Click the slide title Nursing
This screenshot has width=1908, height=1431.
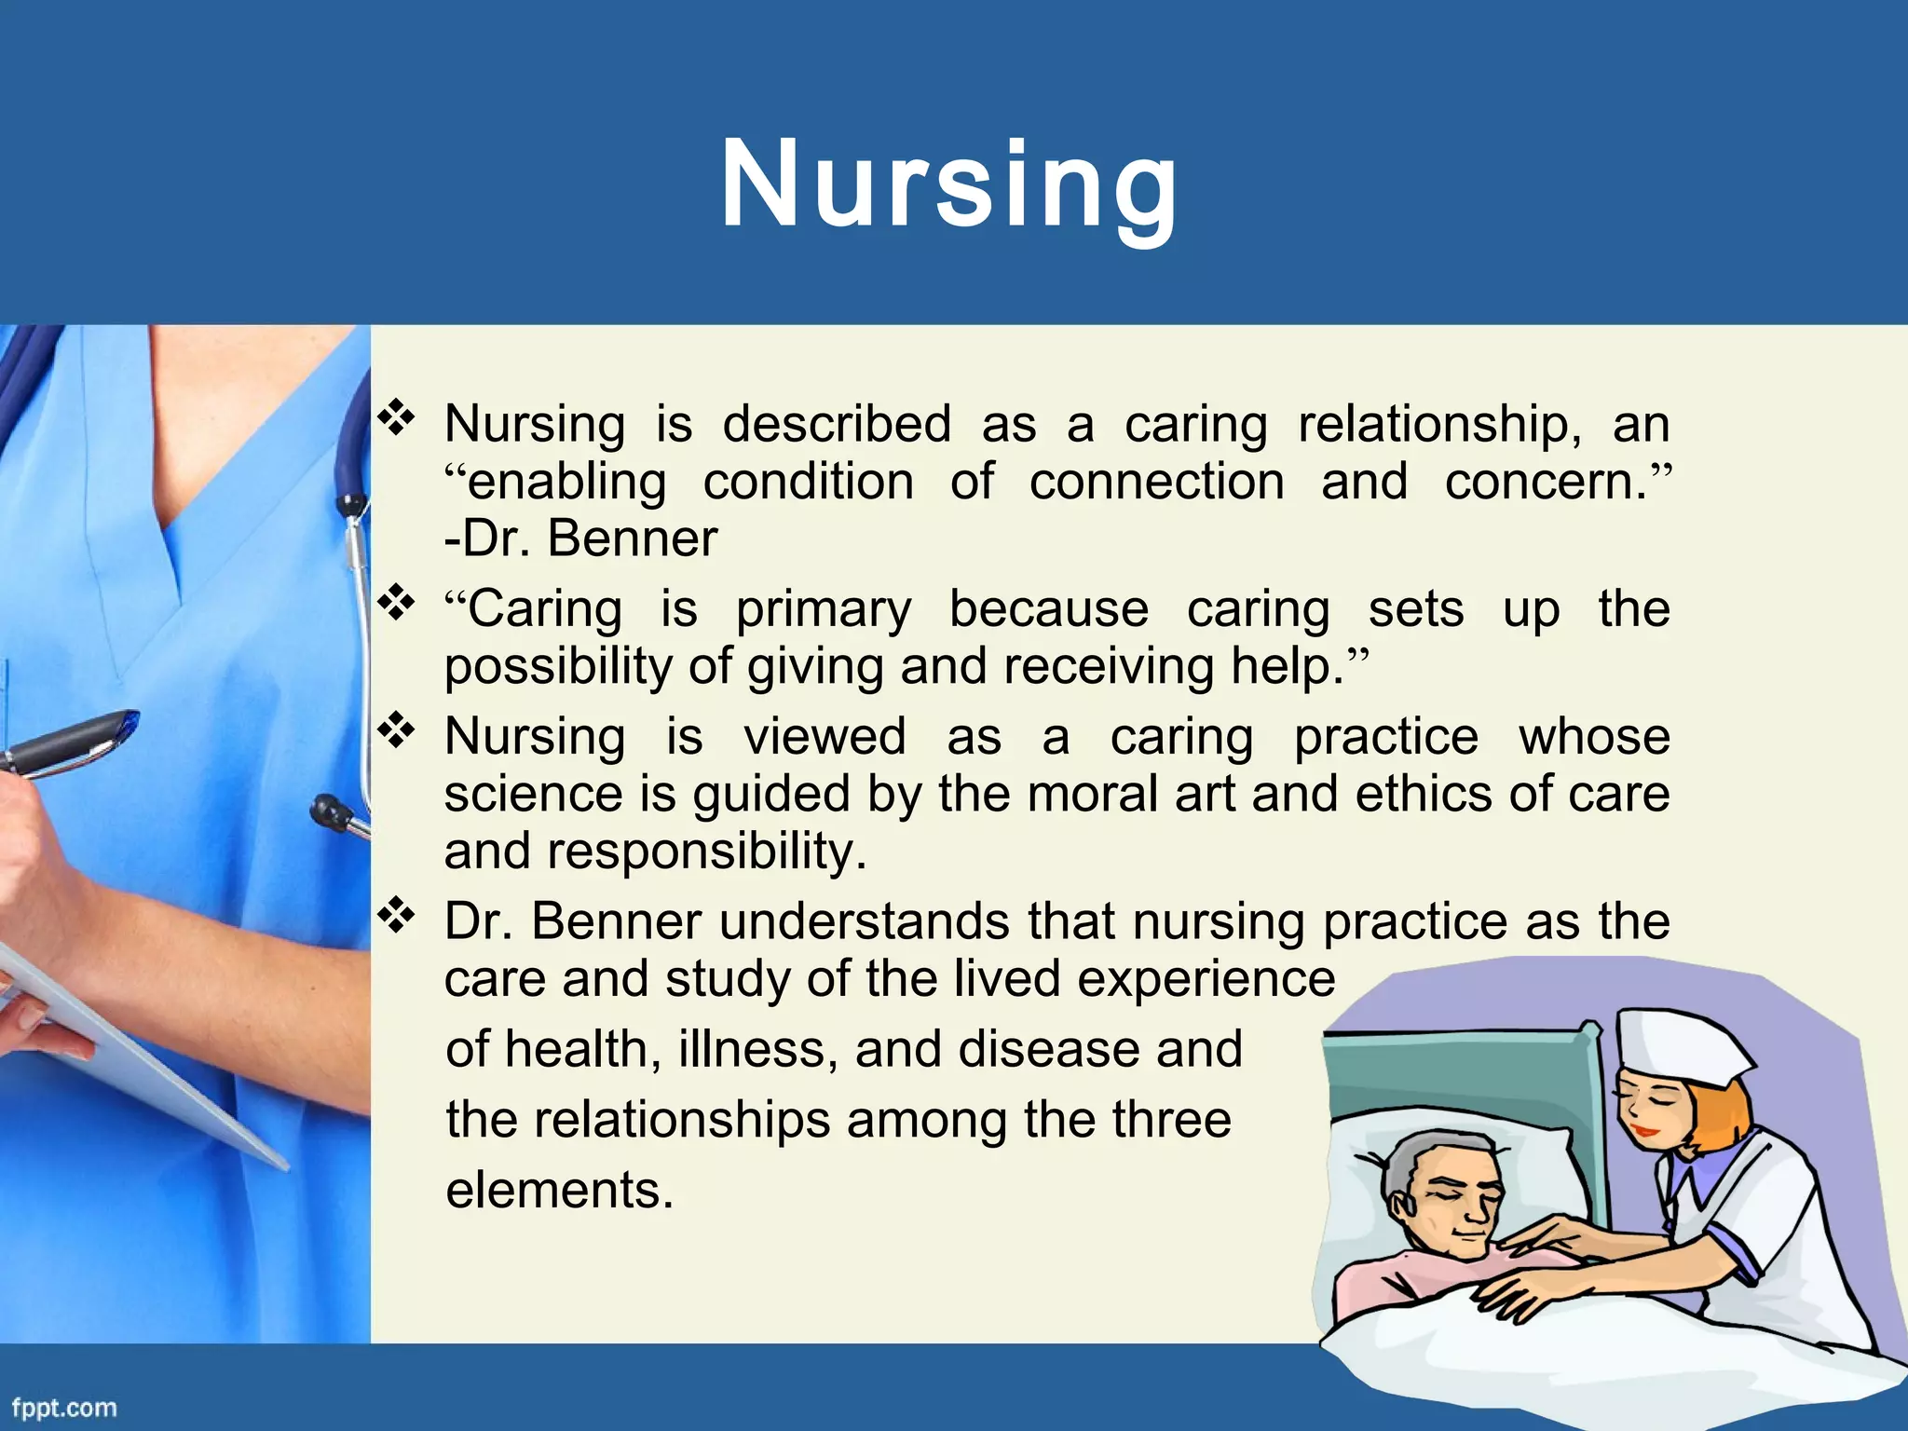949,184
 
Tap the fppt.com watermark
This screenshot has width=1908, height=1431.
64,1407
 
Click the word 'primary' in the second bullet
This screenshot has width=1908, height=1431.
824,610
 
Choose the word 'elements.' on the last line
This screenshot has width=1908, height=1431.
559,1191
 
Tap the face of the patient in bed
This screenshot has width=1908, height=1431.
1453,1202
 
